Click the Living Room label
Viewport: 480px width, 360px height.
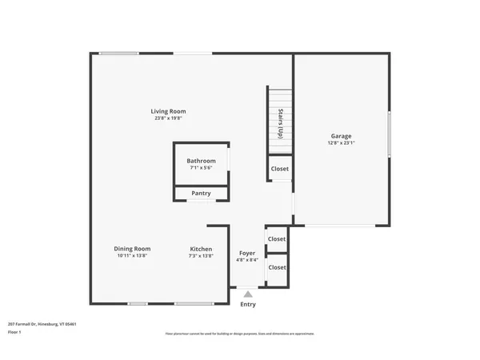169,111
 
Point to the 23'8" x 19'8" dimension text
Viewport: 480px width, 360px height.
169,118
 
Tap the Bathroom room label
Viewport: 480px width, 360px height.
201,161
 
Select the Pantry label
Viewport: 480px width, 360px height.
201,193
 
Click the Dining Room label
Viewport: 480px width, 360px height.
132,249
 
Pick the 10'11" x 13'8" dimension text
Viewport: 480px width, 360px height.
132,256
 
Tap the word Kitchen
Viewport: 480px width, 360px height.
201,249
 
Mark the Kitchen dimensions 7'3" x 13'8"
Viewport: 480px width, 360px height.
201,256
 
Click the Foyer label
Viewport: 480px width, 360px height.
248,252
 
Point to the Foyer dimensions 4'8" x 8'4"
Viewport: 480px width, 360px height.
248,259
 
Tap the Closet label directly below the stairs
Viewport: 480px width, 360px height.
279,169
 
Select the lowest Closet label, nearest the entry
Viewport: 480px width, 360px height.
277,267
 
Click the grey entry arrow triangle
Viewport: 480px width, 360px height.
248,294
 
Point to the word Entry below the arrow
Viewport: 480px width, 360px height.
248,304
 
